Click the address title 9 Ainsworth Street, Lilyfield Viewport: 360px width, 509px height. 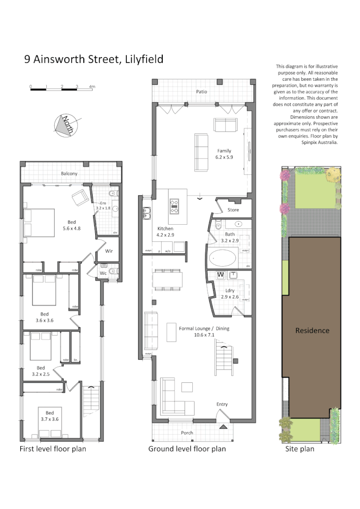(94, 60)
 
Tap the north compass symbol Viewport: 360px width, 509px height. (65, 125)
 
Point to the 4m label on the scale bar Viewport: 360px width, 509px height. (92, 87)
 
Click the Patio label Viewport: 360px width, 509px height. (201, 92)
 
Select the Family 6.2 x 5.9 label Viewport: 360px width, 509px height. (223, 154)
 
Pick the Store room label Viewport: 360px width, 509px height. (233, 210)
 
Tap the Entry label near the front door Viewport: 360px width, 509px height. (222, 405)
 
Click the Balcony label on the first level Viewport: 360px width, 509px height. (69, 174)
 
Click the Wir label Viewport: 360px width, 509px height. (109, 251)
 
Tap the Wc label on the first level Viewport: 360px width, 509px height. (103, 272)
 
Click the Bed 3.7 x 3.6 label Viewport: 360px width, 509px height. (49, 416)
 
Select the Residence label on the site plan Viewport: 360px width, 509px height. (312, 331)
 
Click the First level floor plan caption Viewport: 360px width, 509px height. (53, 449)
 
